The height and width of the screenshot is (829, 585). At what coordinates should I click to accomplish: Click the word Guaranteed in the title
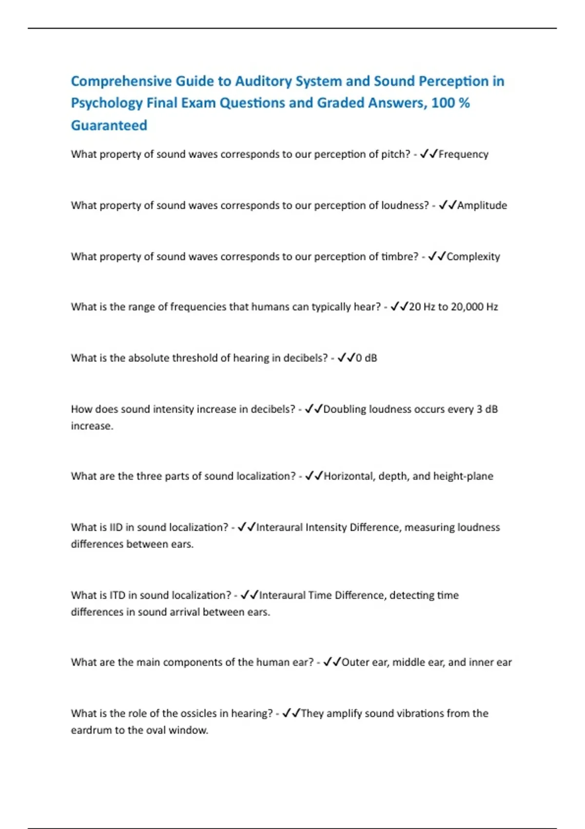(109, 125)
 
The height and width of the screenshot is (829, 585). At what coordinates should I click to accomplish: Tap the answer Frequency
(463, 155)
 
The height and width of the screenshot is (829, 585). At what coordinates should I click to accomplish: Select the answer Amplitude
(482, 206)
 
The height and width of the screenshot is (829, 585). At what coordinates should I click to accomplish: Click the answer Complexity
(473, 257)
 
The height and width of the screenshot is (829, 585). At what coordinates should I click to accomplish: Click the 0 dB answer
(366, 358)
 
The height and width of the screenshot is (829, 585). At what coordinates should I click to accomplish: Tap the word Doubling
(344, 409)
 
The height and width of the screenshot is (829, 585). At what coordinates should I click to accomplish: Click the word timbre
(399, 257)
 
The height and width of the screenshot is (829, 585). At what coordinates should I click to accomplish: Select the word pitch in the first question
(395, 155)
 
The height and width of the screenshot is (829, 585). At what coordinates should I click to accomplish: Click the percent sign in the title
(464, 103)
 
